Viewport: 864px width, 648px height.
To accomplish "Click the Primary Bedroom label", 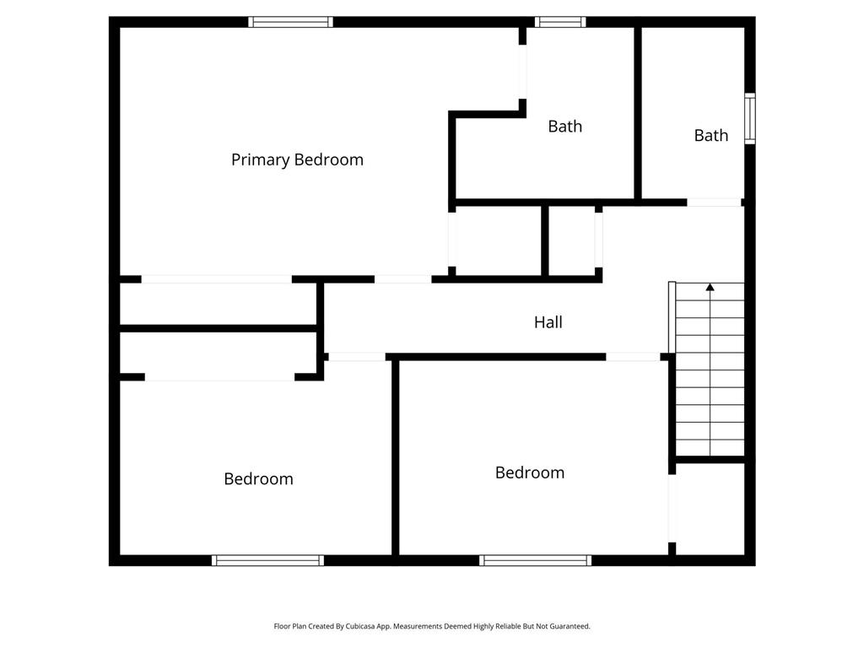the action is coord(297,159).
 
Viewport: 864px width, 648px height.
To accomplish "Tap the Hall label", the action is coord(548,321).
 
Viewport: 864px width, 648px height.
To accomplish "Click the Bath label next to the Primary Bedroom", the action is coord(564,127).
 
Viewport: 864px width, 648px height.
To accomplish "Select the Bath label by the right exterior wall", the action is coord(710,135).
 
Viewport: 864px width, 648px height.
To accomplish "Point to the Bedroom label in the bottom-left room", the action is coord(258,479).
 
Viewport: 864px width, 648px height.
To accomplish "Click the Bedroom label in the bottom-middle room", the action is coord(530,472).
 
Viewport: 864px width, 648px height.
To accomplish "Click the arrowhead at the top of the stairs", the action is coord(710,287).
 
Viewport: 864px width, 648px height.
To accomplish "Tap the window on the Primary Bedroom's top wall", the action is coord(290,22).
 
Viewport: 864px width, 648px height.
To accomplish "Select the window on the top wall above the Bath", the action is coord(560,22).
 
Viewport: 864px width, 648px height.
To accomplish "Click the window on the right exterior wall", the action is coord(750,118).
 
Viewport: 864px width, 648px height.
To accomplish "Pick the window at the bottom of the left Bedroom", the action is coord(267,560).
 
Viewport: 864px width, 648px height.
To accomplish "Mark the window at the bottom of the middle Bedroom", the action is coord(536,560).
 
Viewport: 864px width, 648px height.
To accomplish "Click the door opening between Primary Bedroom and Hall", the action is coord(402,279).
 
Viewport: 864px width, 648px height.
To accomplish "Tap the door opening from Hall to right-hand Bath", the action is coord(714,202).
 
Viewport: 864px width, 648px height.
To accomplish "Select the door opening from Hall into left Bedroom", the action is coord(357,357).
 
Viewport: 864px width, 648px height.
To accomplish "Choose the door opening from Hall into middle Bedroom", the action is coord(633,357).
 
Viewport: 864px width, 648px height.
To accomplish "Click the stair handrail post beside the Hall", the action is coord(672,317).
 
